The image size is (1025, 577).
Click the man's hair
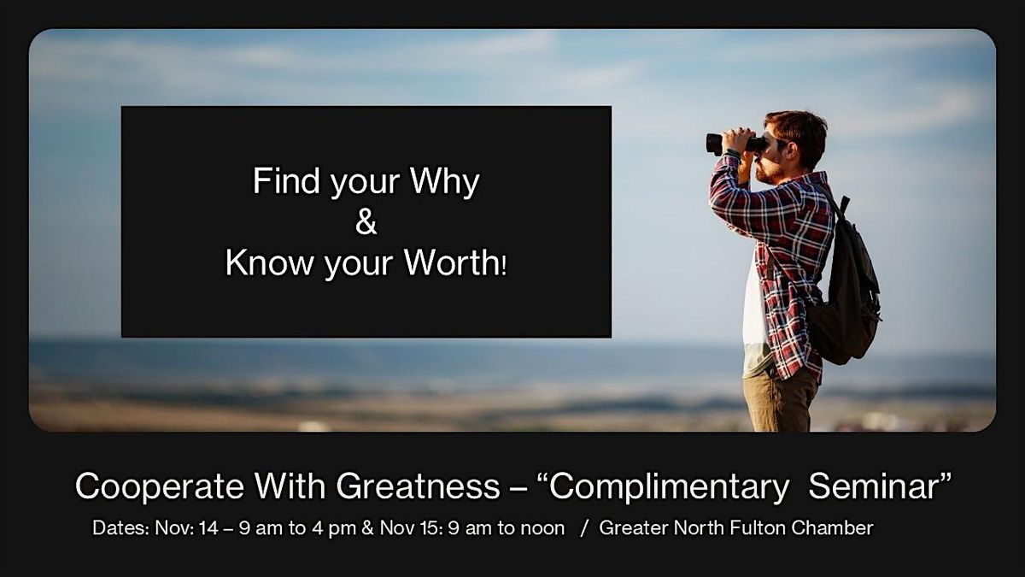pyautogui.click(x=798, y=129)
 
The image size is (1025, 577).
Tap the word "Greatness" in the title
pyautogui.click(x=418, y=486)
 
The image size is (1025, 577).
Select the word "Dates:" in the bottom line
pyautogui.click(x=120, y=528)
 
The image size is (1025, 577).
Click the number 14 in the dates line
pyautogui.click(x=208, y=528)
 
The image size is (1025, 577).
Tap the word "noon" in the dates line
pyautogui.click(x=542, y=528)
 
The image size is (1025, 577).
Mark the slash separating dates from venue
pyautogui.click(x=584, y=528)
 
